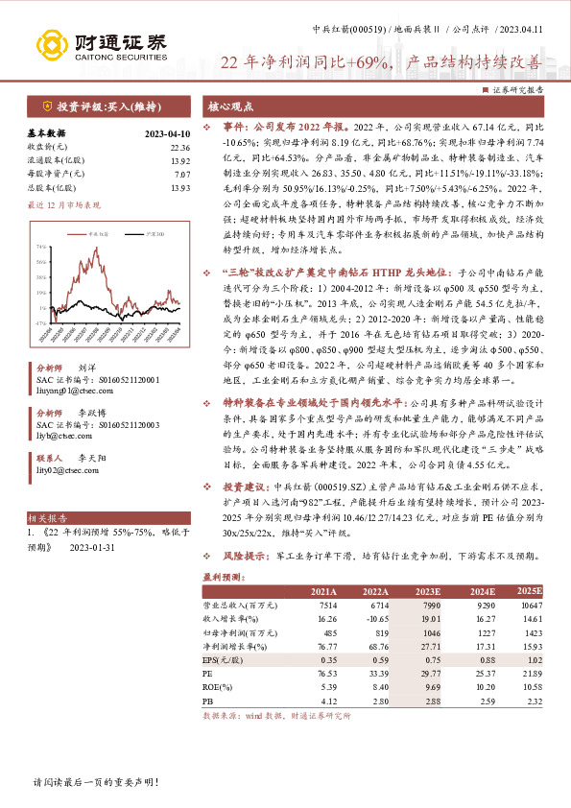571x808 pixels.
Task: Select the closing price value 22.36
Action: tap(180, 147)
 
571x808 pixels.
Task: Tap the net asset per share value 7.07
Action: tap(183, 174)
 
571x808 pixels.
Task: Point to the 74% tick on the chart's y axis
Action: tap(41, 247)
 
